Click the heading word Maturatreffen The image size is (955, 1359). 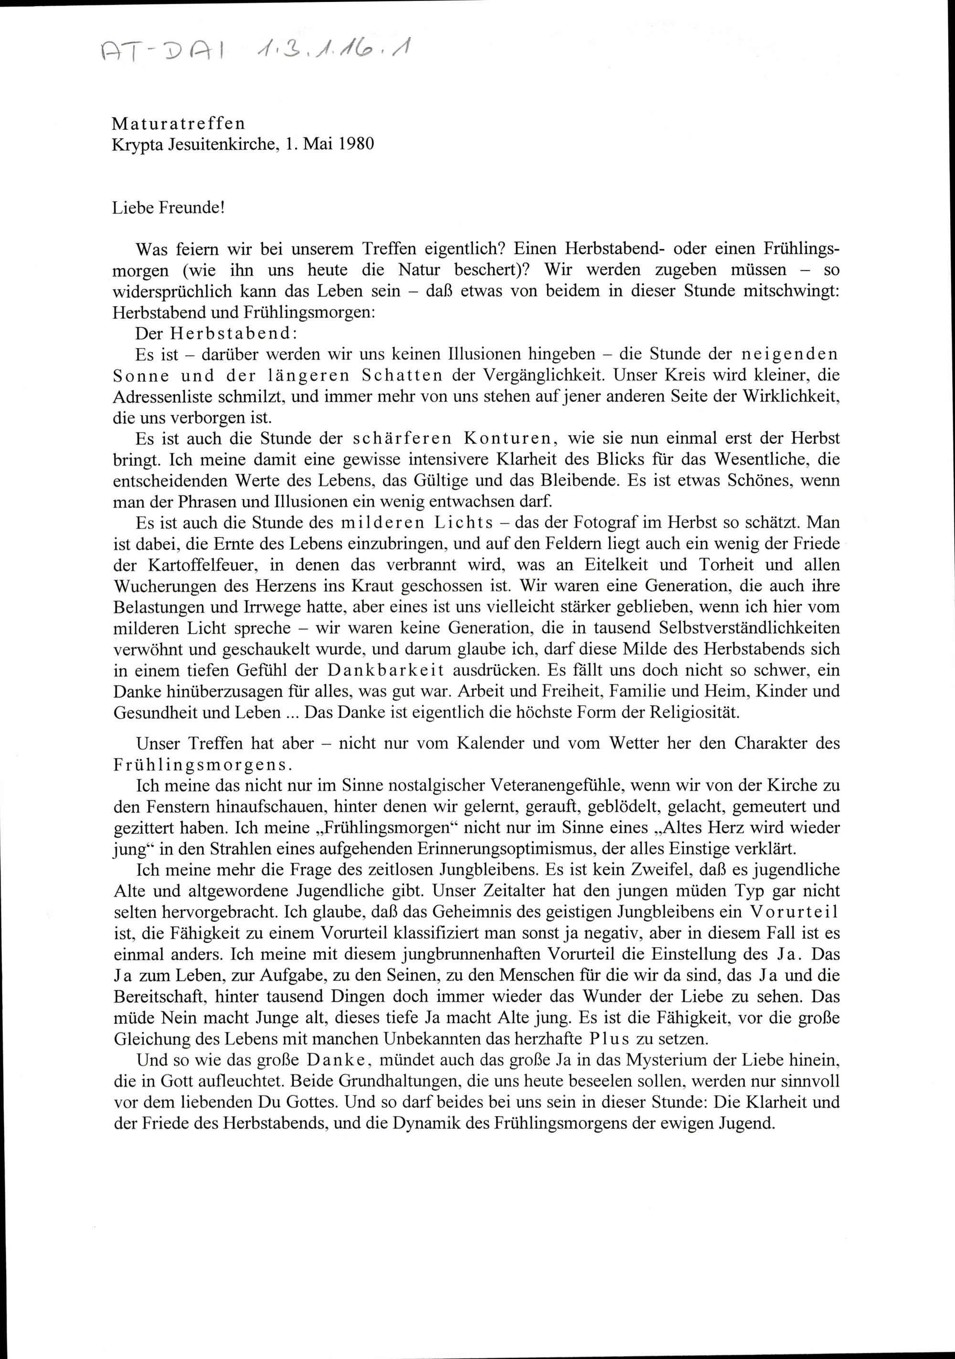click(x=178, y=123)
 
